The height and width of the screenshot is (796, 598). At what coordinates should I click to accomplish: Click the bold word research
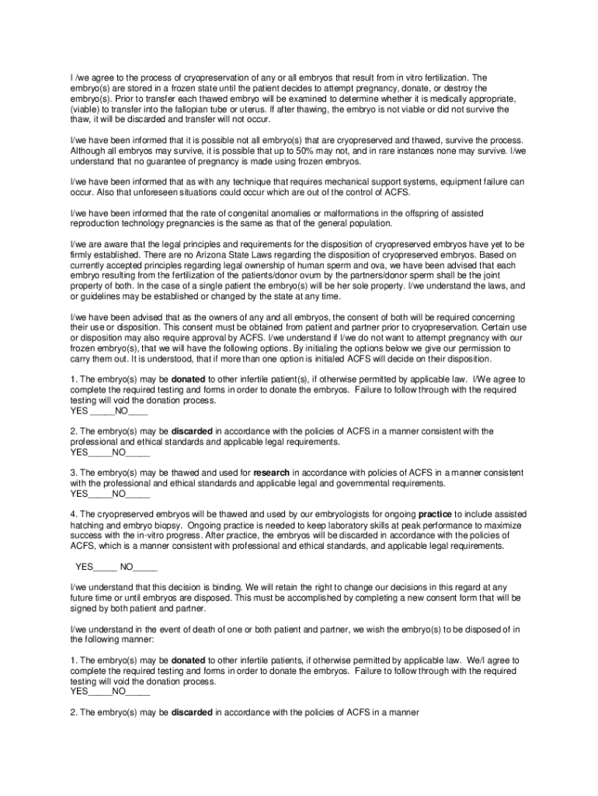271,473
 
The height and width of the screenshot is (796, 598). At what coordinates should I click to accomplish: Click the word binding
228,588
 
